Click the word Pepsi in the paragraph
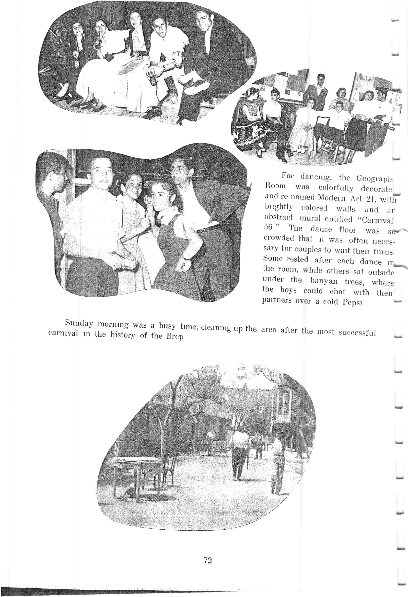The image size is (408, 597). point(352,302)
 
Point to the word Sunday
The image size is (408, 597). point(79,323)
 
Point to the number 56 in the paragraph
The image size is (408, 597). point(269,227)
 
